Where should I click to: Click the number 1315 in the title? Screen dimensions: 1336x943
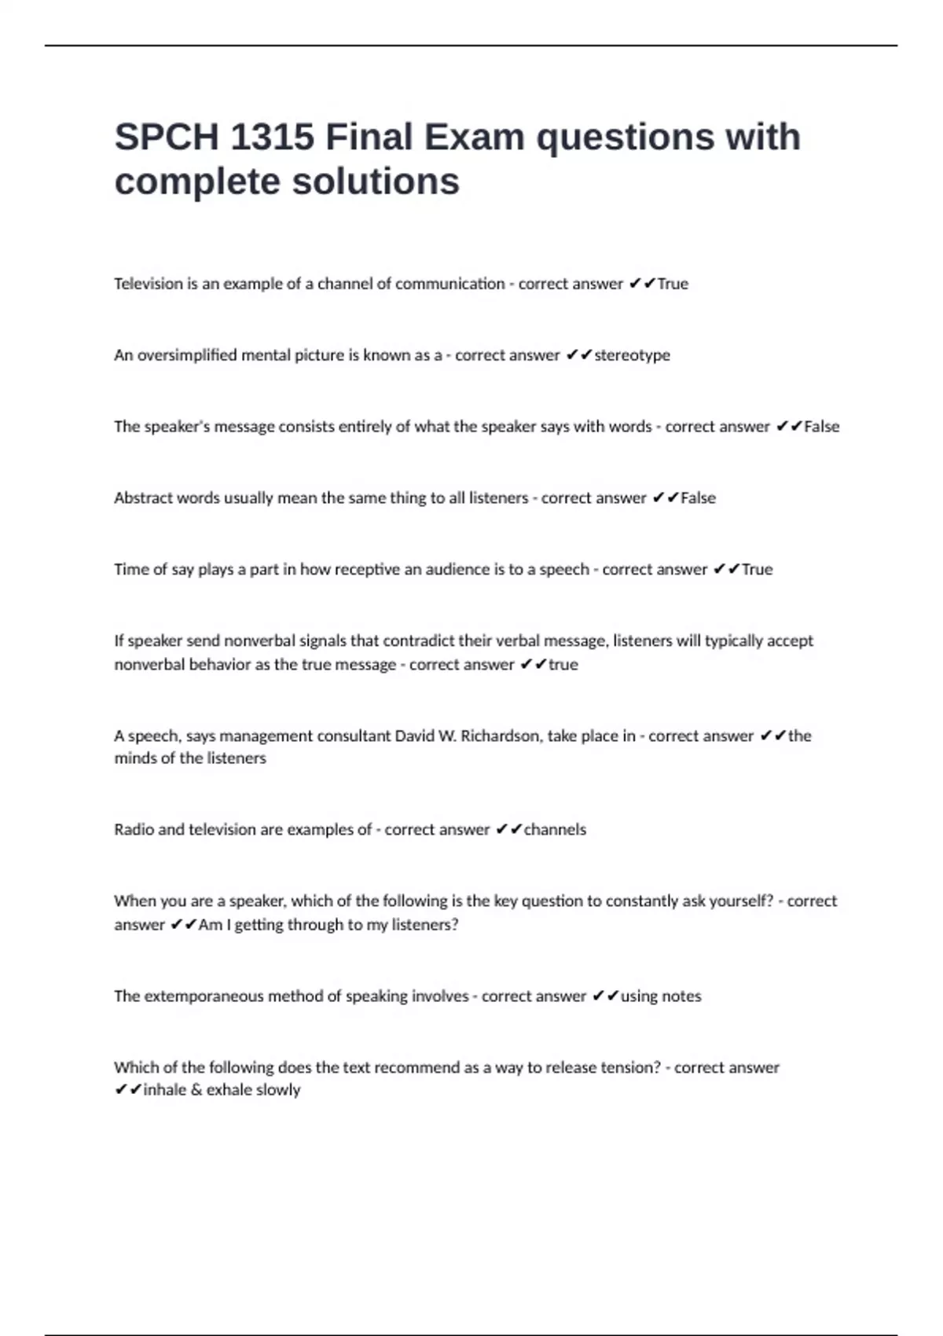pos(272,138)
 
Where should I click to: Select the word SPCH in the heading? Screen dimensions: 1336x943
pos(167,138)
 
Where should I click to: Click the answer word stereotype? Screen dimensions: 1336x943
pos(632,355)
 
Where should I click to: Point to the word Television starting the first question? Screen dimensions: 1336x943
pos(149,284)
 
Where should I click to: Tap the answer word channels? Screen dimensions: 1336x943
pos(555,830)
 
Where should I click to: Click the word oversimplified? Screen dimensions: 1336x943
pos(187,355)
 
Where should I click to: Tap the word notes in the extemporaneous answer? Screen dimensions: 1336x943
pos(681,996)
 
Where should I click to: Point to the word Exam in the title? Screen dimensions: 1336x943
pos(475,138)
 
